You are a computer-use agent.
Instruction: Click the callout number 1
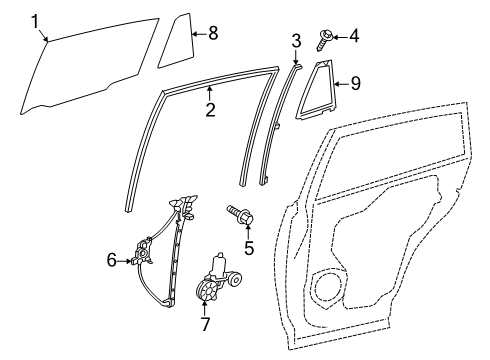coord(36,21)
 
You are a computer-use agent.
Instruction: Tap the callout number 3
coord(296,41)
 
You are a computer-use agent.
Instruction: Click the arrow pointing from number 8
coord(197,33)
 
